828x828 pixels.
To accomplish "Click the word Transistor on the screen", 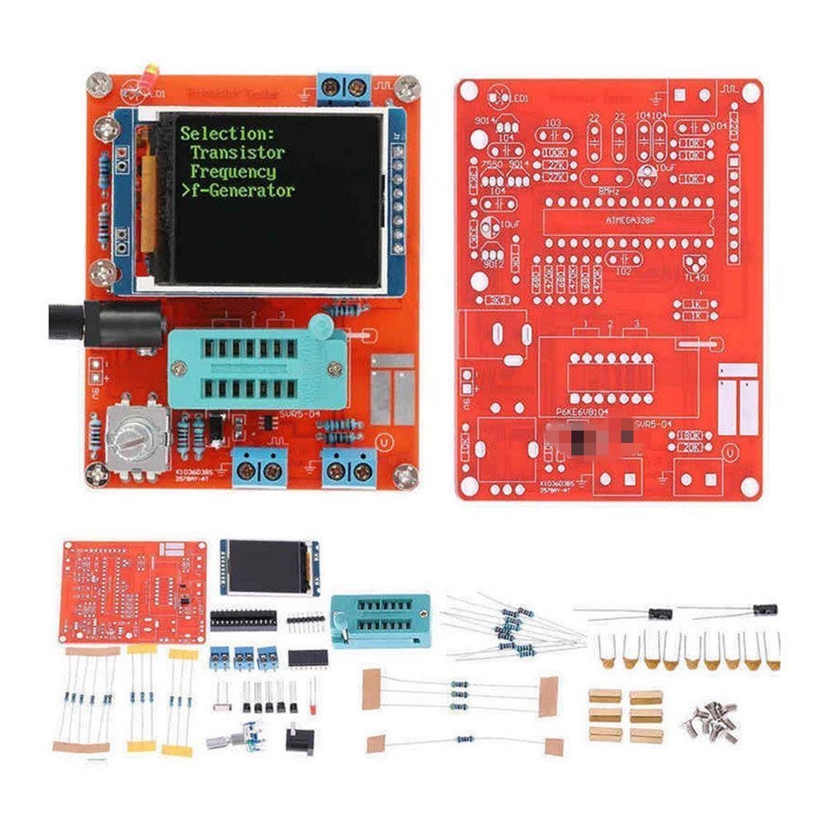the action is click(238, 152).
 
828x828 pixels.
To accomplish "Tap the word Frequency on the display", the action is click(233, 171).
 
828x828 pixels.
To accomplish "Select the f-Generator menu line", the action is click(237, 190).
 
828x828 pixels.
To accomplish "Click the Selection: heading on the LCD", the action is click(227, 132).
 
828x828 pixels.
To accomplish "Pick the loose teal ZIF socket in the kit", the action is click(379, 619).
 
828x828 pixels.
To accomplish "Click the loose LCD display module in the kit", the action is click(269, 568).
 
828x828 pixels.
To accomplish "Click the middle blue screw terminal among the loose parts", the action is click(243, 658).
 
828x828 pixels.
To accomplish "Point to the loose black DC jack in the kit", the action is click(300, 737).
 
